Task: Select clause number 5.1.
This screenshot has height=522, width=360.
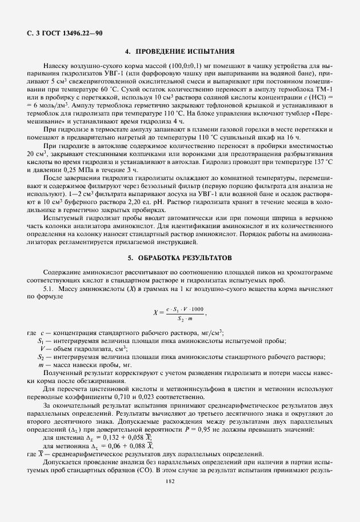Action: point(42,289)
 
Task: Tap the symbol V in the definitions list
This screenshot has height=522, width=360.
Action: point(42,348)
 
